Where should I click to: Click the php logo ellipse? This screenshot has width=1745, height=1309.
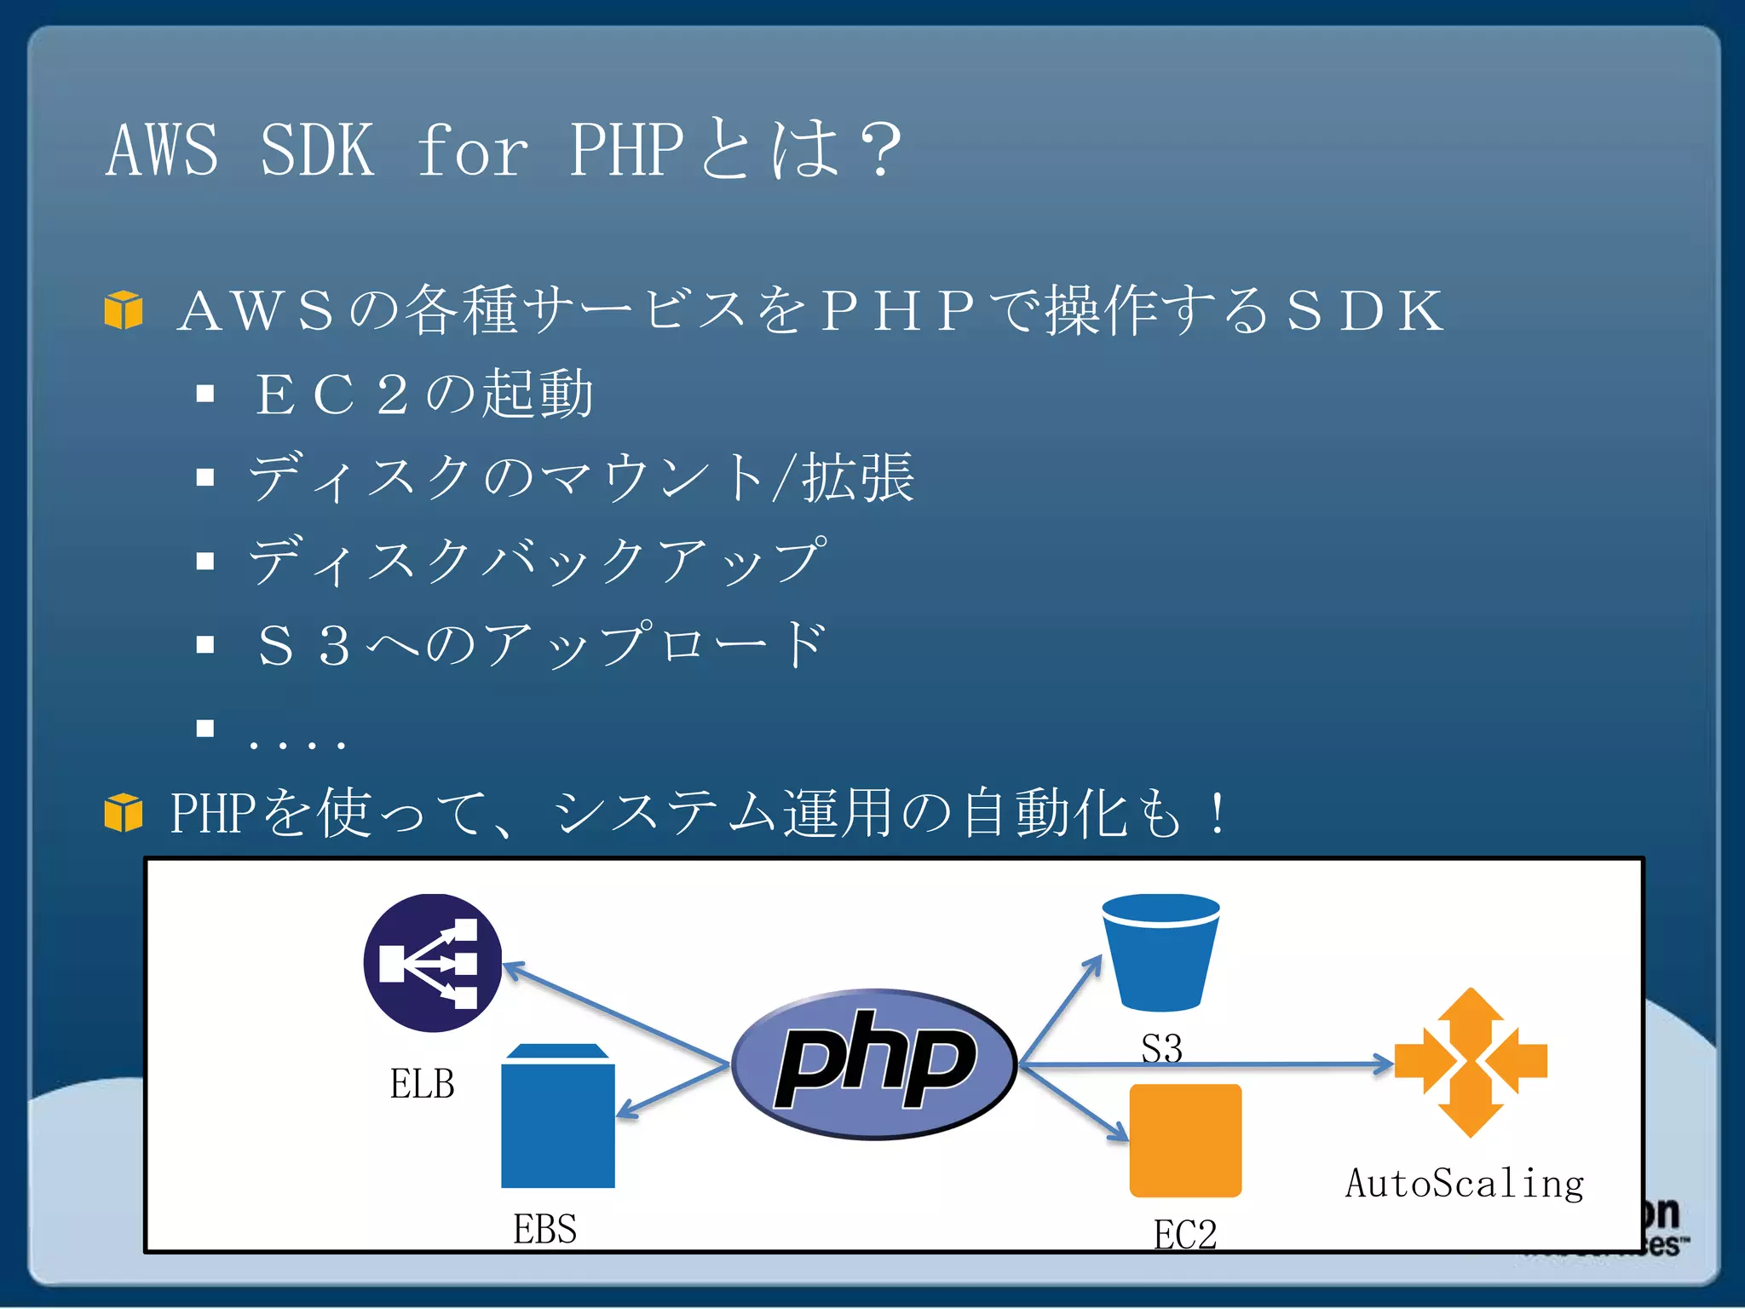[874, 1063]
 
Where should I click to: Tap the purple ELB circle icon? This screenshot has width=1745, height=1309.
[432, 962]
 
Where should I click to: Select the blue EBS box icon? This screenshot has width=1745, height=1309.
[558, 1116]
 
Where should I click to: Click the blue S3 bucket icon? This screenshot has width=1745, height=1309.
[1160, 951]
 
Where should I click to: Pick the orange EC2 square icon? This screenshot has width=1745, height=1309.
[1185, 1140]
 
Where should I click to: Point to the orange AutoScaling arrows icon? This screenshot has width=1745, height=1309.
[1471, 1063]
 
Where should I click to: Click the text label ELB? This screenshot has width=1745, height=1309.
[422, 1084]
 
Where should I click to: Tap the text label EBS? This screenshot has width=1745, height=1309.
[544, 1229]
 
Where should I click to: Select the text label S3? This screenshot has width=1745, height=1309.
[1161, 1048]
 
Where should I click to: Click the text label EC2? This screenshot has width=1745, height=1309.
[1185, 1234]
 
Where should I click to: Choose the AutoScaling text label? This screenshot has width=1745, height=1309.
[1465, 1184]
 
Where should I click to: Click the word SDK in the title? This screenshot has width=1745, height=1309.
[317, 150]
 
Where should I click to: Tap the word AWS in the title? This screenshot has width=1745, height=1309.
[162, 150]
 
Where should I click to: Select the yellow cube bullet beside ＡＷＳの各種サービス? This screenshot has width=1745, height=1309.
[124, 309]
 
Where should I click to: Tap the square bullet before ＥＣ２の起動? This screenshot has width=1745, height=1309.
[204, 394]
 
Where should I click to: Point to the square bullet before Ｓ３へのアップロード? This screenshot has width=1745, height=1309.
[204, 644]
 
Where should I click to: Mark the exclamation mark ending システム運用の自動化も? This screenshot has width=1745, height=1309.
[1218, 813]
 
